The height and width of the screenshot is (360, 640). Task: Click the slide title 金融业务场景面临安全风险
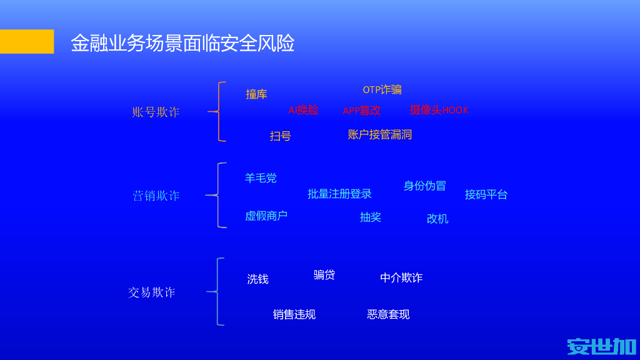coord(182,43)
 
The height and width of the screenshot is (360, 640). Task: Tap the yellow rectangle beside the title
coord(27,41)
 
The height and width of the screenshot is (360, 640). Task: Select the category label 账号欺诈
coord(156,112)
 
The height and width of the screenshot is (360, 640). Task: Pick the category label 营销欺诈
coord(156,196)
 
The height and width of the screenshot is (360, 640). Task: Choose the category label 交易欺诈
coord(151,292)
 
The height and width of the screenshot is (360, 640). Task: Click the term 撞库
coord(256,94)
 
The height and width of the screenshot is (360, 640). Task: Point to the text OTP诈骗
coord(382,90)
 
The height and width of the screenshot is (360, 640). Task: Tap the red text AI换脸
coord(303,111)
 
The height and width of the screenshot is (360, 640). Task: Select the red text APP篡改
coord(361,111)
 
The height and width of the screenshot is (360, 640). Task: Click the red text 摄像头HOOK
coord(439,111)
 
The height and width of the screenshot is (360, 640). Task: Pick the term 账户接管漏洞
coord(379,134)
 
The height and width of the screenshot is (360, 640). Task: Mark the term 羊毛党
coord(261,178)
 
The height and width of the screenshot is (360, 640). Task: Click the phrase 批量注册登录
coord(339,194)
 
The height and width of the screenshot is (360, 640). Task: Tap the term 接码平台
coord(486,194)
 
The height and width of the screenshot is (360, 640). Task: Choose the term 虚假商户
coord(266,216)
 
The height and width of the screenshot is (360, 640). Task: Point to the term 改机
coord(437,219)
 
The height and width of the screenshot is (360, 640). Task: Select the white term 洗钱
coord(257,279)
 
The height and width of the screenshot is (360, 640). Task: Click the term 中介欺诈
coord(401,278)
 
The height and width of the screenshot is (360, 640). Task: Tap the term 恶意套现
coord(388,314)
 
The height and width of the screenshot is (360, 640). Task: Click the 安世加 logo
coord(601,346)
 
